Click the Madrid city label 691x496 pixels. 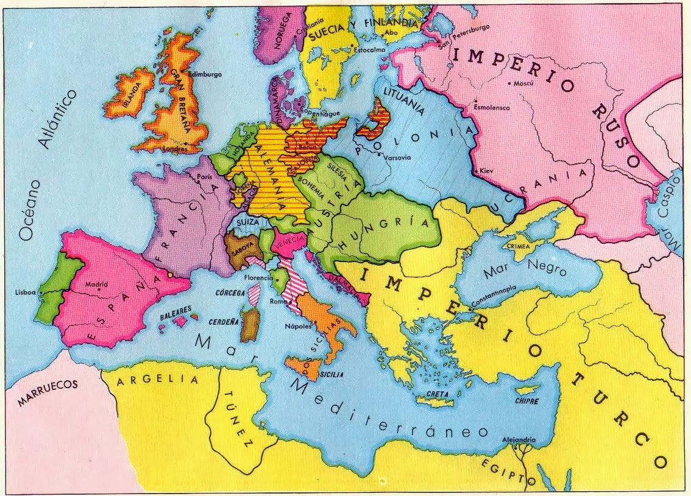[x=96, y=285]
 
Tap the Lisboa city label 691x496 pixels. [x=27, y=292]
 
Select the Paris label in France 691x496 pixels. [x=203, y=177]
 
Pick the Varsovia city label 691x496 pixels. [x=398, y=158]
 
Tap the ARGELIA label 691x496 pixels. [x=158, y=380]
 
